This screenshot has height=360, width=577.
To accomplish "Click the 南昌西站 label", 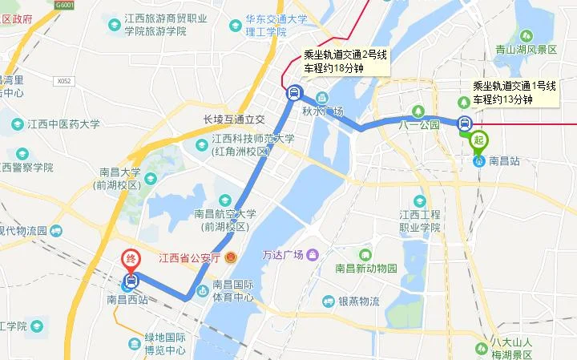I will [127, 300].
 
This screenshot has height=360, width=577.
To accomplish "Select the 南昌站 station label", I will [504, 161].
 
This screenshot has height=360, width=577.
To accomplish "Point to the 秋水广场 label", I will [326, 111].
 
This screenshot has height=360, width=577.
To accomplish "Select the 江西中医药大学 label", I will [63, 124].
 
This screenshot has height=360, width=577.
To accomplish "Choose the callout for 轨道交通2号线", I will [345, 62].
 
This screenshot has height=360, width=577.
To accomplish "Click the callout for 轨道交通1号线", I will [514, 92].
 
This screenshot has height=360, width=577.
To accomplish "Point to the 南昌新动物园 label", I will [388, 269].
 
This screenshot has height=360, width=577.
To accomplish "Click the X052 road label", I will [64, 81].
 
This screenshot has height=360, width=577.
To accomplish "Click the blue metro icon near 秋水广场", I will [294, 93].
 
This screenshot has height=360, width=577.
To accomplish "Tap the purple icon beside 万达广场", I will [312, 255].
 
